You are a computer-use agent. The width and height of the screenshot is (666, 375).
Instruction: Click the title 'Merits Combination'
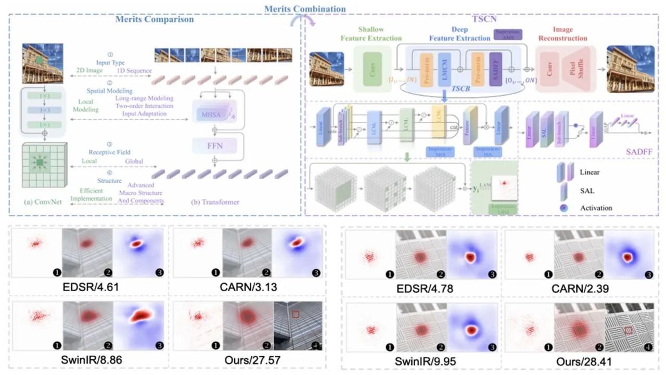(305, 9)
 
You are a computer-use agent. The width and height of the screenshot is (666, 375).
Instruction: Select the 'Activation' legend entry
(597, 208)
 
